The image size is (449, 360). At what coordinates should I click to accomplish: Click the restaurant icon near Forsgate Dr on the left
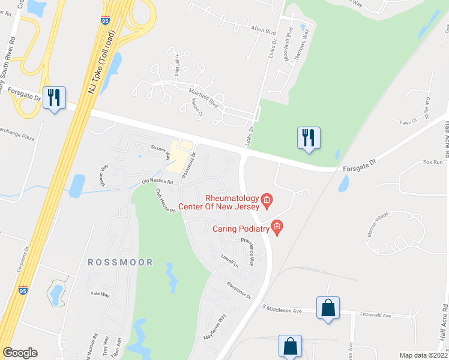pyautogui.click(x=54, y=97)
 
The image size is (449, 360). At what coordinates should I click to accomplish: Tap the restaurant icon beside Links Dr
pyautogui.click(x=309, y=138)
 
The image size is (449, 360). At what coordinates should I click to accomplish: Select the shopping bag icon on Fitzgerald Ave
pyautogui.click(x=328, y=308)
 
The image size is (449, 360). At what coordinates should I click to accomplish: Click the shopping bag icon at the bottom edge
pyautogui.click(x=290, y=346)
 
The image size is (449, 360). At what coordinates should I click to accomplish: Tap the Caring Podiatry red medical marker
pyautogui.click(x=277, y=227)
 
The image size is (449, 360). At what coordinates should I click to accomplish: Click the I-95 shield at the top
pyautogui.click(x=105, y=21)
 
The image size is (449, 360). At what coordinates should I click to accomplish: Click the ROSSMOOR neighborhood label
pyautogui.click(x=120, y=262)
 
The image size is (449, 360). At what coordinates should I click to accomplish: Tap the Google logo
pyautogui.click(x=20, y=353)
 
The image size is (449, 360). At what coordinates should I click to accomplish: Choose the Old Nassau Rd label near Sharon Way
pyautogui.click(x=157, y=181)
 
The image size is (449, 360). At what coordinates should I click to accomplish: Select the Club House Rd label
pyautogui.click(x=165, y=201)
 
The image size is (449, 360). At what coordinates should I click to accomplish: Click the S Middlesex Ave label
pyautogui.click(x=282, y=309)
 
